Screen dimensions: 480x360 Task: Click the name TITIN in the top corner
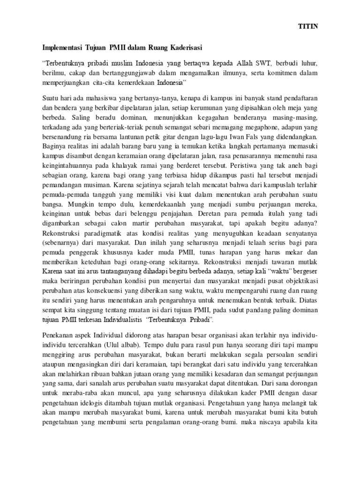[x=308, y=27]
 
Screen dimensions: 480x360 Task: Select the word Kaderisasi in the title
[x=184, y=47]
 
